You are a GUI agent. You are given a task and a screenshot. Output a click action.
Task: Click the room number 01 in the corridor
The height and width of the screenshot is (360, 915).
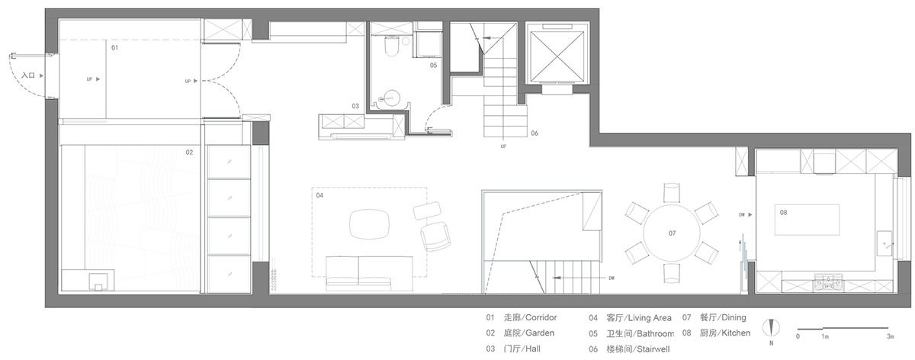click(115, 47)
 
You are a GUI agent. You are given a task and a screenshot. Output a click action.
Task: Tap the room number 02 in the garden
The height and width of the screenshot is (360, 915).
click(189, 152)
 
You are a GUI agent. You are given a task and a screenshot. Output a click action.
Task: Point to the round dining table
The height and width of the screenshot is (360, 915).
click(671, 232)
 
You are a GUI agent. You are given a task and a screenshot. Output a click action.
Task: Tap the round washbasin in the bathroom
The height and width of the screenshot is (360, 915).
click(391, 97)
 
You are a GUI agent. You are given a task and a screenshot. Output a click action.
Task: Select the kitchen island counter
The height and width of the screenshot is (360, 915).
click(807, 220)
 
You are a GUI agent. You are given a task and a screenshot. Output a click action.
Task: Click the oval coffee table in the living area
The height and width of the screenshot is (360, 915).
click(369, 224)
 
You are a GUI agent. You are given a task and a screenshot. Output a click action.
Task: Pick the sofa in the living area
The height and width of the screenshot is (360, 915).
click(368, 272)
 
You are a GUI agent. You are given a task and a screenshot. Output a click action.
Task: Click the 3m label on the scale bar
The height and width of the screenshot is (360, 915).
click(889, 336)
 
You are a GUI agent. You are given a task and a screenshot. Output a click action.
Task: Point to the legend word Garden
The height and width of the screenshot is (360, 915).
click(540, 333)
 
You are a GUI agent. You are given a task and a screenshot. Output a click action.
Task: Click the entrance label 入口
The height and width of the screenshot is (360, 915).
click(28, 76)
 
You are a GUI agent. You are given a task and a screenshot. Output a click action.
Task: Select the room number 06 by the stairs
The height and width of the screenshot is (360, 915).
click(535, 133)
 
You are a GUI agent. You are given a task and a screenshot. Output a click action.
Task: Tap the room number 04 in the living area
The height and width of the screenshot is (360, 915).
click(320, 196)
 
